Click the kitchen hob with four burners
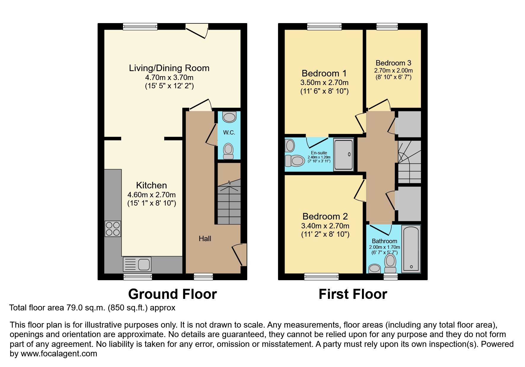coord(113,229)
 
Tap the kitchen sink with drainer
coord(137,264)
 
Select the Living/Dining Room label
coord(169,68)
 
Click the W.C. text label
coord(229,132)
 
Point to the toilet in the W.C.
coord(228,150)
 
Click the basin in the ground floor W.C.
coord(229,117)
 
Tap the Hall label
coord(205,239)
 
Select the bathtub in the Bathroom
coord(411,249)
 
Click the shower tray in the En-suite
coord(344,155)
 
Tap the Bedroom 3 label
coord(393,63)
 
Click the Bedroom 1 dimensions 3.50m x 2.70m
coord(324,83)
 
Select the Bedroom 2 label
coord(325,217)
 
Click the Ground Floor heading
coord(172,294)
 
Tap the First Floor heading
coord(353,294)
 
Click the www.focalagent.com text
coord(59,354)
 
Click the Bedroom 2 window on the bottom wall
coord(321,277)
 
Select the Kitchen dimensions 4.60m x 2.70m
coord(151,195)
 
